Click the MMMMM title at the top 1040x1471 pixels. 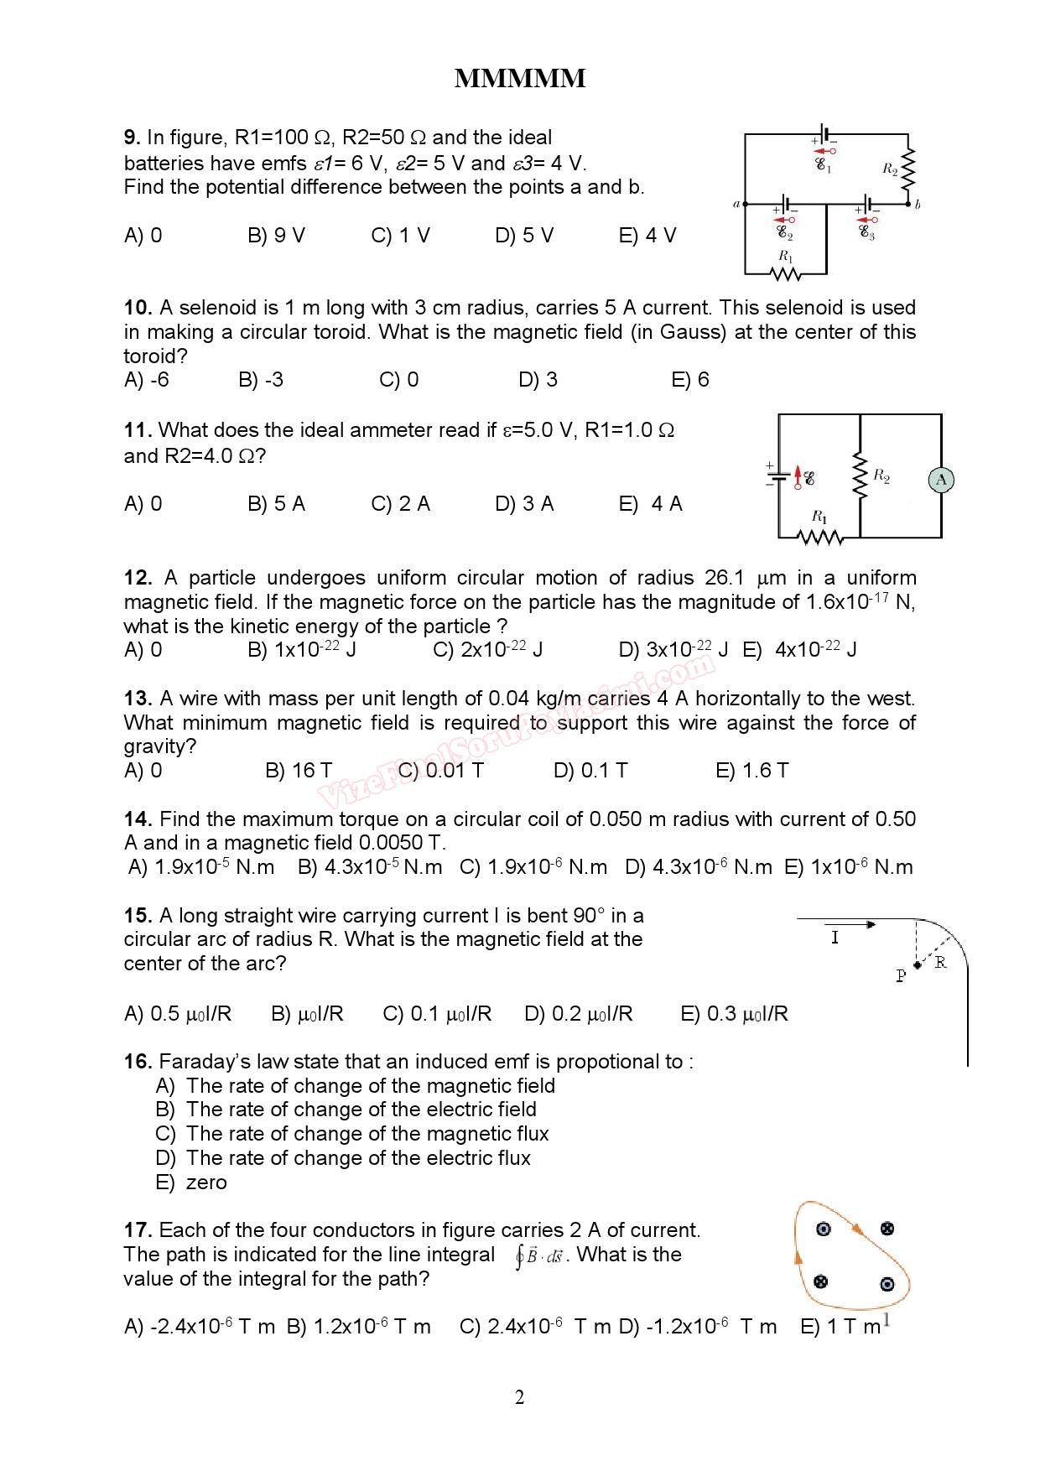point(519,79)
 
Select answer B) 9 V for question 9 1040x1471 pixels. point(276,236)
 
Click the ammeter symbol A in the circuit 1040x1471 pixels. point(941,480)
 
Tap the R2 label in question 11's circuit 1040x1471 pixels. point(881,476)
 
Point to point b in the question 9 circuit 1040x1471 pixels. point(918,205)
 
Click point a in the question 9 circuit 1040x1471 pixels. point(736,204)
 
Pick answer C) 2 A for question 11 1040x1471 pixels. point(400,504)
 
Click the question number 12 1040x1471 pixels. point(138,578)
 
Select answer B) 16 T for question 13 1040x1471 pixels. point(299,771)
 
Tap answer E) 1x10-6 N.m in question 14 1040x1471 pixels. point(848,867)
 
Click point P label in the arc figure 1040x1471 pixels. point(901,975)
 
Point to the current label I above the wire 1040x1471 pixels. point(835,938)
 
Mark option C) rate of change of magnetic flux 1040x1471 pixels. point(352,1134)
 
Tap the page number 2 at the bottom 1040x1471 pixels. point(519,1397)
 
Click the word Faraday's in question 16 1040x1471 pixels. point(205,1062)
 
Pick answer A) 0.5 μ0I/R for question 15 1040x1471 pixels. point(177,1014)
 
